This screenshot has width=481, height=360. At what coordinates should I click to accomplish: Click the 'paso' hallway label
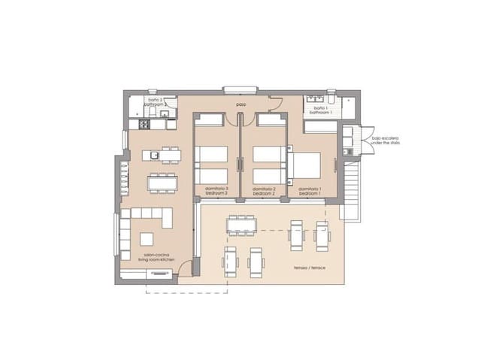click(x=240, y=104)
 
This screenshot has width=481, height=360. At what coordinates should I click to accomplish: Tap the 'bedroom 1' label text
click(x=310, y=194)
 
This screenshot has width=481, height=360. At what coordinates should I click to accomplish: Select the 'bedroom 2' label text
click(x=264, y=194)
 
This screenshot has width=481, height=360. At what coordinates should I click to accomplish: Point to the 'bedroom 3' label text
click(x=216, y=194)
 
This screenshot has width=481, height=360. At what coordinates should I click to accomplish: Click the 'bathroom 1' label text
click(x=321, y=112)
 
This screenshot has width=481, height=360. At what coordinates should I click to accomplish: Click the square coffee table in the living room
click(x=145, y=240)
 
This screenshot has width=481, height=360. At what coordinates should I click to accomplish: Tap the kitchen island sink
click(x=153, y=156)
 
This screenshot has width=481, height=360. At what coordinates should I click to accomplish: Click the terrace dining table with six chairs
click(x=242, y=225)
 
